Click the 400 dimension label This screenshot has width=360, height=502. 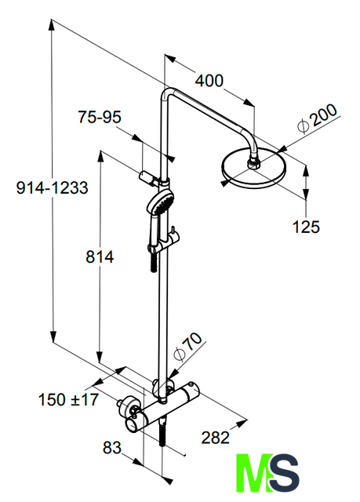pyautogui.click(x=209, y=81)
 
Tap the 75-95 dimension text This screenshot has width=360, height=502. pyautogui.click(x=100, y=117)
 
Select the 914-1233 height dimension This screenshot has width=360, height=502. pyautogui.click(x=53, y=187)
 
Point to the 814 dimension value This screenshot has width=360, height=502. pyautogui.click(x=100, y=256)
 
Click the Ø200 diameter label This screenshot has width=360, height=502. pyautogui.click(x=317, y=118)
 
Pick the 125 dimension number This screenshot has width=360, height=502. pyautogui.click(x=306, y=227)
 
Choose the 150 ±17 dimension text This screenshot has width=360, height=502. pyautogui.click(x=68, y=400)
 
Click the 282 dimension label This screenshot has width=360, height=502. pyautogui.click(x=216, y=438)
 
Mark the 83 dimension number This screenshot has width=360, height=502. pyautogui.click(x=112, y=448)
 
